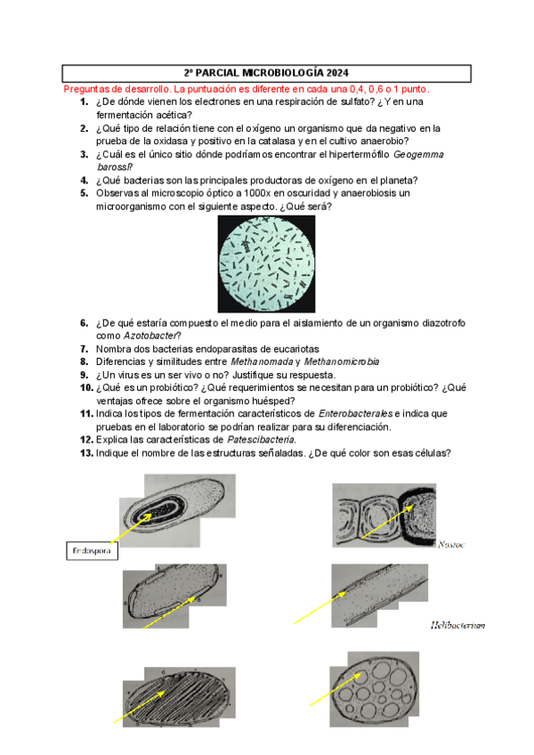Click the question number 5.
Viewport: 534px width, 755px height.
[84, 192]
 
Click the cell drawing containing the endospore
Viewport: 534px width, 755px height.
[178, 511]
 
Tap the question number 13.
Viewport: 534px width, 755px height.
[82, 452]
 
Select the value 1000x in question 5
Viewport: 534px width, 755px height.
[251, 192]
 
